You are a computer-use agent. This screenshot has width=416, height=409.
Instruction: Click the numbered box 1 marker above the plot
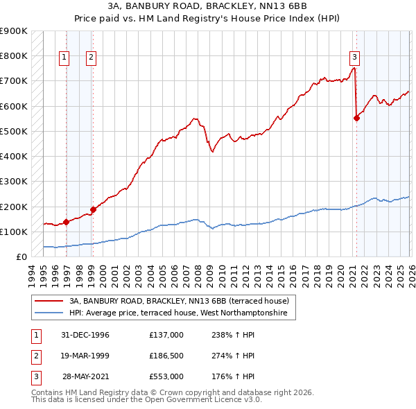(64, 58)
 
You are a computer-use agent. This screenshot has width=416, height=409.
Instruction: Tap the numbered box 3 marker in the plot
(354, 58)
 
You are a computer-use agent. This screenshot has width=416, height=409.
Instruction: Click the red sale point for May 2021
(356, 118)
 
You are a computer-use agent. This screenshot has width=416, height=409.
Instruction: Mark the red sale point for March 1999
(93, 210)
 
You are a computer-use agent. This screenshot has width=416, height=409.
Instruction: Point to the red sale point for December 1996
(67, 223)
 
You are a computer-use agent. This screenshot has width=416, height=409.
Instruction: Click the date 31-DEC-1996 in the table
(85, 335)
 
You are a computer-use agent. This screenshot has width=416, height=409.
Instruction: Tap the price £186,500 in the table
(166, 356)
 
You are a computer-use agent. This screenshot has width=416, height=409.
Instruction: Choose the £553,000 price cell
(166, 376)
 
